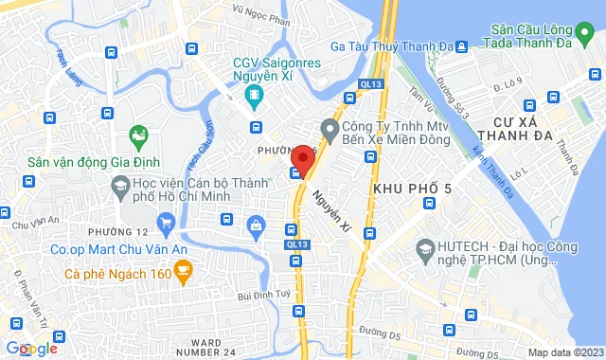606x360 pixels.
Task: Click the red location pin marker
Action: [303, 157]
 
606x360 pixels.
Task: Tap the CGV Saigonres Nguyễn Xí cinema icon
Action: [254, 95]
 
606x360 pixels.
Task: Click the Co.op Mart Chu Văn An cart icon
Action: [167, 225]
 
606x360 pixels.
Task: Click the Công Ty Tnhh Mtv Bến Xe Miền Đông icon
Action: [330, 127]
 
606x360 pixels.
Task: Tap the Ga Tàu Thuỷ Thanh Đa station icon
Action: [461, 46]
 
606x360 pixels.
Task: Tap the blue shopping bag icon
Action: [255, 225]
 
